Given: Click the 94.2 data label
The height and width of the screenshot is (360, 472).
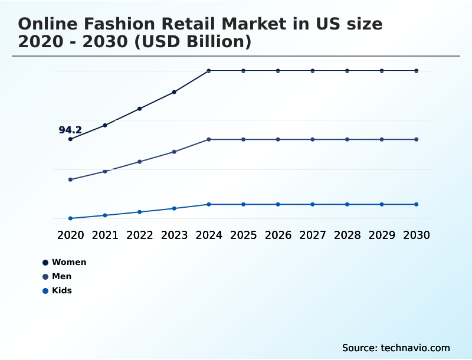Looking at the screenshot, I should (70, 130).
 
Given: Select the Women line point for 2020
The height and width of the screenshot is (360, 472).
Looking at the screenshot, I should (70, 139).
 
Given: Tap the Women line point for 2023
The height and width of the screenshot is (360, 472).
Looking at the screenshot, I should (174, 92).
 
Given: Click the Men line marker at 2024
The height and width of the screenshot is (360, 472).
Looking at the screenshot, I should (209, 139).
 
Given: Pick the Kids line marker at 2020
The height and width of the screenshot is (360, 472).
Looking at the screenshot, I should (70, 218).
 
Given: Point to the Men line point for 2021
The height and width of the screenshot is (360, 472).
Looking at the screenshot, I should (105, 171).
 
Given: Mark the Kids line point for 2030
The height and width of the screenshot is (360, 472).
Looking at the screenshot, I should (417, 204).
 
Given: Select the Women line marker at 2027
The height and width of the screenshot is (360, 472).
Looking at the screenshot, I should (313, 71).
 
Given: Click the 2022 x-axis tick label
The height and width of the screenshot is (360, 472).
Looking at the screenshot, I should (140, 235).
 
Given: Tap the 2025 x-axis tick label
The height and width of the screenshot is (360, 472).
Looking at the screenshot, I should (243, 235).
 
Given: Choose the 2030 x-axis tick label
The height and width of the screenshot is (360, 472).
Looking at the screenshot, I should (417, 235).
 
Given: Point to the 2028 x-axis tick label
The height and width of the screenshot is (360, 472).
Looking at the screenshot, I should (347, 235).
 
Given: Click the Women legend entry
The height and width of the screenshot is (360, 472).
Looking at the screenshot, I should (69, 262).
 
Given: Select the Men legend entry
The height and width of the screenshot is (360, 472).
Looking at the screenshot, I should (61, 276).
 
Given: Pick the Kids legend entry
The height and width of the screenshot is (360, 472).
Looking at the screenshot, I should (61, 290).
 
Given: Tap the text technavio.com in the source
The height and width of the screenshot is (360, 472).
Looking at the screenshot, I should (415, 348).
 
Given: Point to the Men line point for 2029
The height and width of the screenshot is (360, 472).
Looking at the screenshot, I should (382, 139).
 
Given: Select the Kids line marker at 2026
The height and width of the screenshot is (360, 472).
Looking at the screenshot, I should (278, 204).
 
